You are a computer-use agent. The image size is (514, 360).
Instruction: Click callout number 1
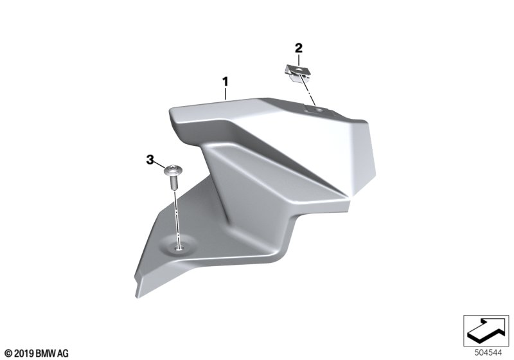click(x=226, y=82)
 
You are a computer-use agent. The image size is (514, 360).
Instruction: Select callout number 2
click(x=299, y=48)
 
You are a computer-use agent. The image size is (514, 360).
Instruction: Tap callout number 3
click(x=150, y=160)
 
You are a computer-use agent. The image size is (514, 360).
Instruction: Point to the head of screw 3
click(x=173, y=170)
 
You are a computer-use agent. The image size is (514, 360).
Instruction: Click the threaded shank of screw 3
click(x=173, y=183)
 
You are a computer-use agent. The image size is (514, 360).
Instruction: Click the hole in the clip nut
click(x=299, y=70)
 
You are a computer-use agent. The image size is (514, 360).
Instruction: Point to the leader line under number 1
click(x=226, y=93)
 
